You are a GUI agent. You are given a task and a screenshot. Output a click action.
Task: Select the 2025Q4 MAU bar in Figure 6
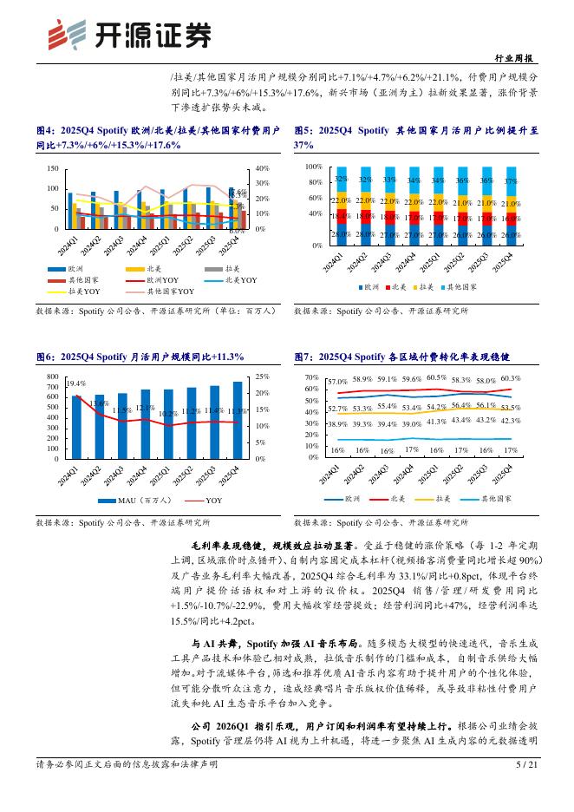238,419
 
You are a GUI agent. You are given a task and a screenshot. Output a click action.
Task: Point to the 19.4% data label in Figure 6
75,383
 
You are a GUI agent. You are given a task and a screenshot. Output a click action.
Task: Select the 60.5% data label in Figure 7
436,378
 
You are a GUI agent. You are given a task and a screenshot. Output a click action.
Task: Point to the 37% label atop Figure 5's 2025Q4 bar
511,181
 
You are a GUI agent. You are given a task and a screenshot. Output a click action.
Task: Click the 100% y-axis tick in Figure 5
311,165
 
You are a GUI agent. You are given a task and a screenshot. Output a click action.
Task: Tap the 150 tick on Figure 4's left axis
53,169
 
